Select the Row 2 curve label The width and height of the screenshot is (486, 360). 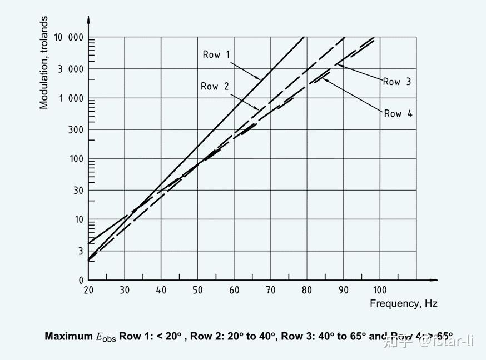214,86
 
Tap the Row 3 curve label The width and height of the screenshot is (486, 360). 397,82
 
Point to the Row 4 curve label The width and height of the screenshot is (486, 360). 398,113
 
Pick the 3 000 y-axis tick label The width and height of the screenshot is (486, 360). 70,69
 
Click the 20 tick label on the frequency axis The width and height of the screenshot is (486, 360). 88,291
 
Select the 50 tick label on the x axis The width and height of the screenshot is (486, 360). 197,291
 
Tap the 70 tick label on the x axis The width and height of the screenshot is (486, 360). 270,291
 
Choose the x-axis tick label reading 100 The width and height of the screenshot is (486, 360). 379,291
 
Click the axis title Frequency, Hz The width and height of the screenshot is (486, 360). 403,303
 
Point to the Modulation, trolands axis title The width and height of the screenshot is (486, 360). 44,62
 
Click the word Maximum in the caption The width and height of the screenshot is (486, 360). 68,336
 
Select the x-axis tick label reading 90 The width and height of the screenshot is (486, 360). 343,291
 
